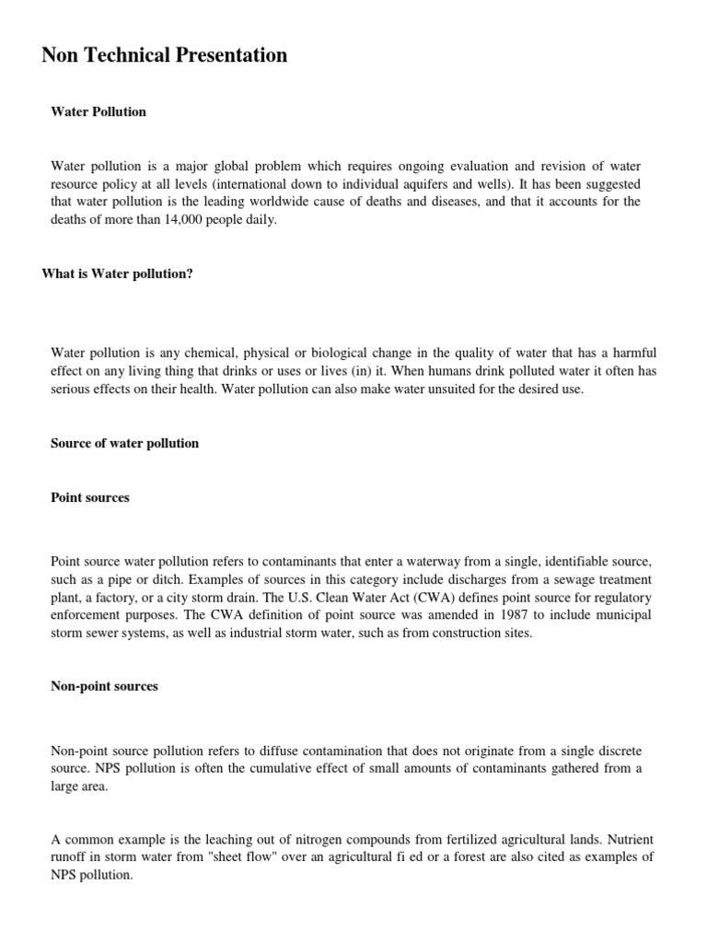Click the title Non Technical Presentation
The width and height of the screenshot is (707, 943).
point(165,55)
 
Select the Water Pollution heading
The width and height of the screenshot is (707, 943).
point(99,111)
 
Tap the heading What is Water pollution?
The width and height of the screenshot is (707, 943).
point(118,274)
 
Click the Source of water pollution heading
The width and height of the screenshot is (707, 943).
point(124,443)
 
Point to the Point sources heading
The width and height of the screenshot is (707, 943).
point(90,497)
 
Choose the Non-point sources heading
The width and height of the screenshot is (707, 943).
point(104,686)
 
